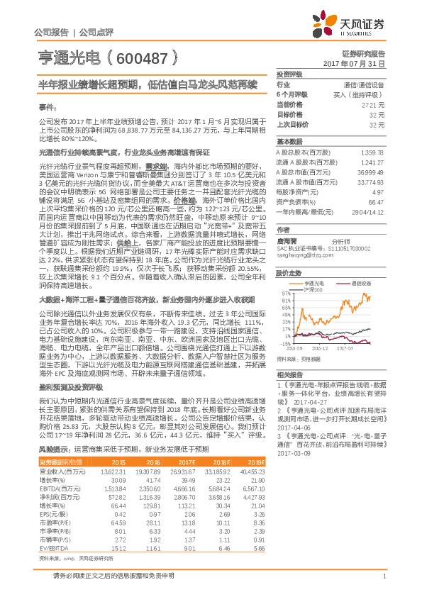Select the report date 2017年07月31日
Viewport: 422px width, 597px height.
point(358,63)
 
